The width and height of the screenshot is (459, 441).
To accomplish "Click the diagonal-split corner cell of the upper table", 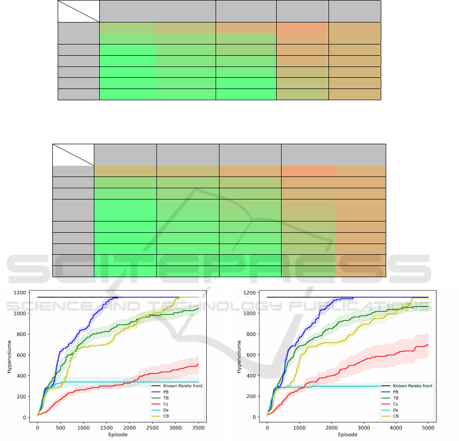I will point(78,11).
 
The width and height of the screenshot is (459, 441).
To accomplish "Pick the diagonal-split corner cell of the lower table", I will point(73,154).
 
